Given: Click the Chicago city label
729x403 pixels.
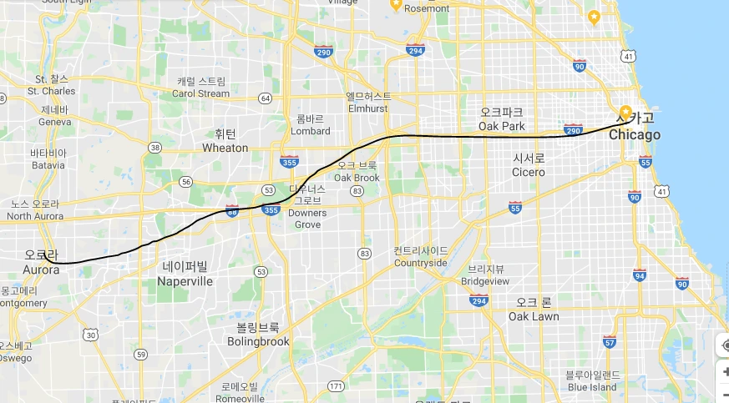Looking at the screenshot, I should (x=635, y=135).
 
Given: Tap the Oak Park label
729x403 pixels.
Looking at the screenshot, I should (x=502, y=126).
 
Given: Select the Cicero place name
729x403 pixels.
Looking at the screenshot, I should (x=529, y=172).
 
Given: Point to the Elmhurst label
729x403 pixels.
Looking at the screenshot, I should (x=368, y=108).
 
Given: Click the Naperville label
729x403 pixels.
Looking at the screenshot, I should (x=185, y=281).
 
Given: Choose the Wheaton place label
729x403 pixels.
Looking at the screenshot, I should (x=225, y=148).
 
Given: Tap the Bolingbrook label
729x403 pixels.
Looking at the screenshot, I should (x=258, y=341).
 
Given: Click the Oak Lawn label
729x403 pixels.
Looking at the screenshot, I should (x=534, y=316).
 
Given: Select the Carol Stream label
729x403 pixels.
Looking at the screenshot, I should (x=200, y=93).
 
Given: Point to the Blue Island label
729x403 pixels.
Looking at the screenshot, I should (x=592, y=386).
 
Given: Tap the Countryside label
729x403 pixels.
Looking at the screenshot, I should (x=421, y=262).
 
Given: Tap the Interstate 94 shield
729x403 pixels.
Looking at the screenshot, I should (x=640, y=275).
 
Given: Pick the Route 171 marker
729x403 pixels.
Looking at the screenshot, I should (x=336, y=385).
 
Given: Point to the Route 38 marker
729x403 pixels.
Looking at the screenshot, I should (x=154, y=148).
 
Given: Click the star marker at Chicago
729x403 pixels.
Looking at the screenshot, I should (x=625, y=112).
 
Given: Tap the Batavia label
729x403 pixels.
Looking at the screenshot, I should (x=48, y=164).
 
